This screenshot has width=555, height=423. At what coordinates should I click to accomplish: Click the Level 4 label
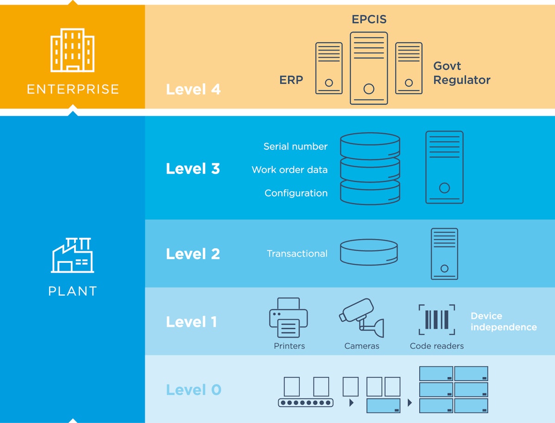point(193,89)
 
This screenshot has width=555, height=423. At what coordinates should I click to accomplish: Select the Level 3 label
point(193,168)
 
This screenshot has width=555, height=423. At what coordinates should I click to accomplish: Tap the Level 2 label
point(193,254)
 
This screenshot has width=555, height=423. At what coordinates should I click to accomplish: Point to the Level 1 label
point(191,322)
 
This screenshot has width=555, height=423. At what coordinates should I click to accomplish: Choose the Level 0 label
point(193,390)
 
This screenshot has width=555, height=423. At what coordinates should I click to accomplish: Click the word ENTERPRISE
point(73,89)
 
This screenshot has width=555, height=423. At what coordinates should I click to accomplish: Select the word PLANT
point(73,291)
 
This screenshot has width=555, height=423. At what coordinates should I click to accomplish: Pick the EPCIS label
point(369,19)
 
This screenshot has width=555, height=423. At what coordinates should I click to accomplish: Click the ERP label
point(291,80)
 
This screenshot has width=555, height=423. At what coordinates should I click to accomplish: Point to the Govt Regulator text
point(461,73)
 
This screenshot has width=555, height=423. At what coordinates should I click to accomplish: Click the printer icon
point(289,318)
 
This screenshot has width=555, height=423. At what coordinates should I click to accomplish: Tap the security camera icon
point(361,317)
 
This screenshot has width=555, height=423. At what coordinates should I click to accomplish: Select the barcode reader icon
point(437,319)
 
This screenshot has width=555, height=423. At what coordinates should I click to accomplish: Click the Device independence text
point(503,322)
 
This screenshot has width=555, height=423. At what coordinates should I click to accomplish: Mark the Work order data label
point(290,170)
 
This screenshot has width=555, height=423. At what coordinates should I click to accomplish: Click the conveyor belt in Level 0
point(305,402)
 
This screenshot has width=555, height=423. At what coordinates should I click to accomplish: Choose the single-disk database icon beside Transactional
point(369,252)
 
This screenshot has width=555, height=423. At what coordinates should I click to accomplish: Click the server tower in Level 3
point(444,167)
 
